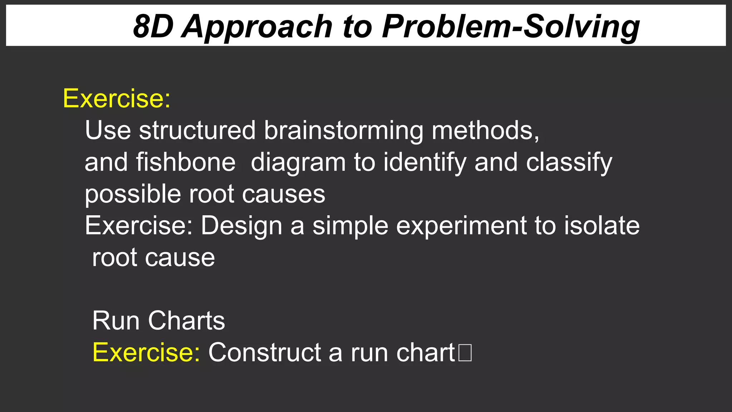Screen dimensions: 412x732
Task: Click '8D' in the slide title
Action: pos(153,26)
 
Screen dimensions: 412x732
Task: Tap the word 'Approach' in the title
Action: pos(257,27)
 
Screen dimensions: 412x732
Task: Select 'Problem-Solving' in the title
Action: pos(510,27)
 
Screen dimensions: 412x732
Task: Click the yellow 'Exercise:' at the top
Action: pos(117,98)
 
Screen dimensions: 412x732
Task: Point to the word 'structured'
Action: pos(197,130)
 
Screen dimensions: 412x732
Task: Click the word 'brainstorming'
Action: pos(343,131)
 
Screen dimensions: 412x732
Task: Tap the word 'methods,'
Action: pos(485,131)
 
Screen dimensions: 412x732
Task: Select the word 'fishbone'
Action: pos(186,162)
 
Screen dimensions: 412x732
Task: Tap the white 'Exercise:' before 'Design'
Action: pos(139,226)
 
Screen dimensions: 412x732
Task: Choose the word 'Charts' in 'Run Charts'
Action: pos(186,321)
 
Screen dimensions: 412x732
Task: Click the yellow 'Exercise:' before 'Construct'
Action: pos(146,353)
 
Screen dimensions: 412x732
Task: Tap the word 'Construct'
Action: pos(264,353)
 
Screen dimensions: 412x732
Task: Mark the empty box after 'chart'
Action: pos(465,353)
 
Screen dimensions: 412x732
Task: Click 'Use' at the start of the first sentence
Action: pos(108,130)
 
